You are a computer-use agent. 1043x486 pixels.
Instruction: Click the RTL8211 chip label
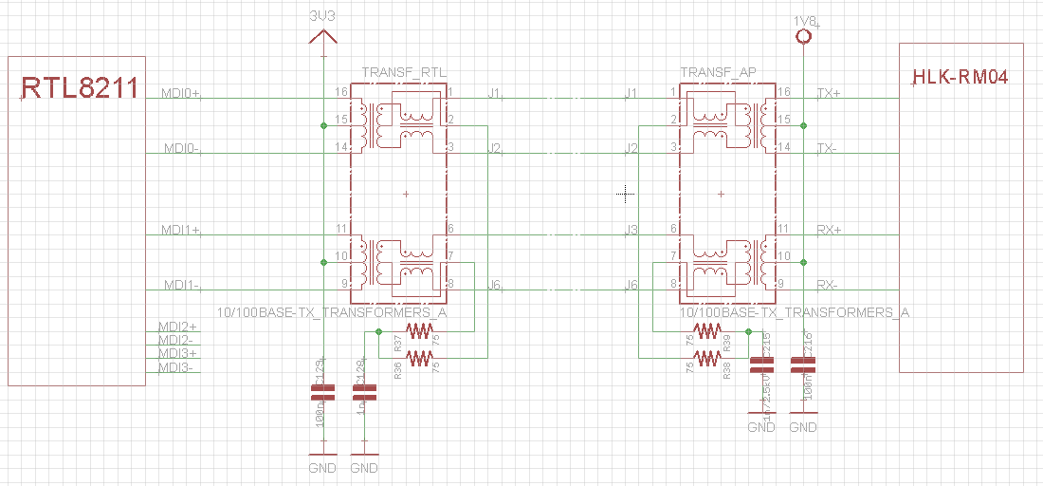click(80, 89)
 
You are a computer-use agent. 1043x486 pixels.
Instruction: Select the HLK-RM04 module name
click(960, 77)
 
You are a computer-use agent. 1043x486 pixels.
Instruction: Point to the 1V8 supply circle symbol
click(803, 36)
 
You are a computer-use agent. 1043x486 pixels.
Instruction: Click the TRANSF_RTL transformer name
click(404, 72)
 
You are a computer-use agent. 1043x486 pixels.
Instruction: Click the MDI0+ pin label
click(181, 94)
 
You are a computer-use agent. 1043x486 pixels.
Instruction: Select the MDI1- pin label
click(180, 285)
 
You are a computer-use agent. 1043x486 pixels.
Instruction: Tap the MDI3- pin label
click(176, 367)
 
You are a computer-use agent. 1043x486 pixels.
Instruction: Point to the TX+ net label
click(828, 93)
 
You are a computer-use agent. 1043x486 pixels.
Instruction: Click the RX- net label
click(827, 285)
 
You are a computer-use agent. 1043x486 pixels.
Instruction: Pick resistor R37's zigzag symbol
click(418, 331)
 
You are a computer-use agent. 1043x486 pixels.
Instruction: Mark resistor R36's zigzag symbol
click(418, 357)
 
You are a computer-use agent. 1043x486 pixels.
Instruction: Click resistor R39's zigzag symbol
click(706, 331)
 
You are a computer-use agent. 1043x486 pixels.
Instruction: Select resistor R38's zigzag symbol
click(706, 357)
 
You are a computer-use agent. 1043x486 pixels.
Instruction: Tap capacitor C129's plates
click(323, 392)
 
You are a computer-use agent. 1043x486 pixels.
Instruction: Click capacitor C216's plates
click(803, 364)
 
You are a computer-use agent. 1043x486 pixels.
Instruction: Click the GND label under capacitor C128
click(364, 468)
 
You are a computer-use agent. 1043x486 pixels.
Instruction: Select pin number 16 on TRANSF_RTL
click(341, 92)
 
